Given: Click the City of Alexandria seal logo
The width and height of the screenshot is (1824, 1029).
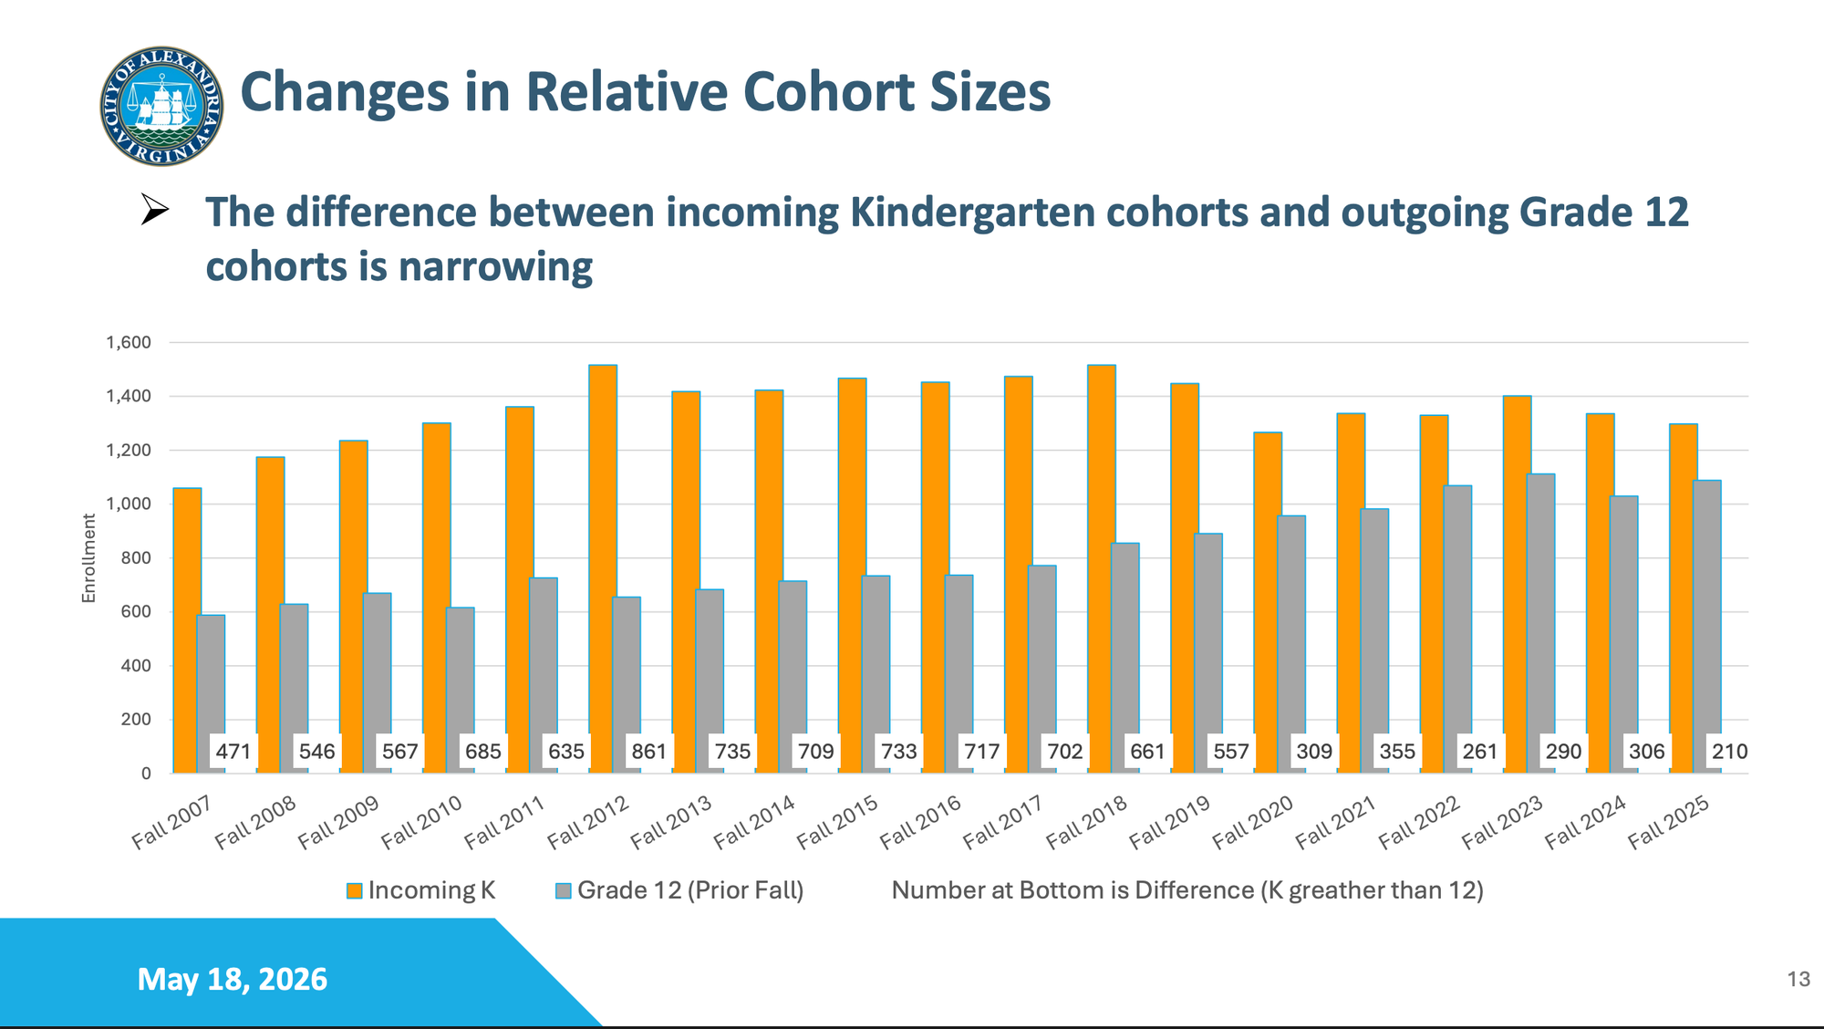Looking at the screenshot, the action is pyautogui.click(x=161, y=106).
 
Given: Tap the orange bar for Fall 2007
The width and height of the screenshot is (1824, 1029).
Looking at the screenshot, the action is pyautogui.click(x=187, y=630).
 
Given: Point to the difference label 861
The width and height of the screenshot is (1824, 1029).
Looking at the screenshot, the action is pyautogui.click(x=649, y=752).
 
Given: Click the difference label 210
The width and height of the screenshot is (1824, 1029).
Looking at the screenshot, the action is pyautogui.click(x=1729, y=752).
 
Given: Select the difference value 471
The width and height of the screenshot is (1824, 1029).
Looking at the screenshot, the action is pyautogui.click(x=233, y=752).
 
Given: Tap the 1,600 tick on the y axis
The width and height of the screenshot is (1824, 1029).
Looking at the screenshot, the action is pyautogui.click(x=129, y=343).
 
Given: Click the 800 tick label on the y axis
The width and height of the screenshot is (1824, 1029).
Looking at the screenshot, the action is pyautogui.click(x=136, y=558).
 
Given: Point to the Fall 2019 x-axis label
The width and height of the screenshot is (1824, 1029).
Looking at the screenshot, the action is pyautogui.click(x=1169, y=821).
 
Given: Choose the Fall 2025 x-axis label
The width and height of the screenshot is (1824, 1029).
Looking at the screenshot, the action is pyautogui.click(x=1668, y=821).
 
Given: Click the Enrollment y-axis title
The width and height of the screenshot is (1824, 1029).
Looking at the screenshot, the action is pyautogui.click(x=88, y=557).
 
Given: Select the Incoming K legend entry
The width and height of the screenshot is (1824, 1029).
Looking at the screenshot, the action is pyautogui.click(x=420, y=890).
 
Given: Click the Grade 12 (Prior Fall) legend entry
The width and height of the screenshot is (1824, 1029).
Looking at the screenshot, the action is pyautogui.click(x=679, y=890).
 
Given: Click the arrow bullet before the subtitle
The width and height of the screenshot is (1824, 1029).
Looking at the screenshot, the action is pyautogui.click(x=155, y=210).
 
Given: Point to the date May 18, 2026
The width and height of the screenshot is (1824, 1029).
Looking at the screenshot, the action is pyautogui.click(x=233, y=979).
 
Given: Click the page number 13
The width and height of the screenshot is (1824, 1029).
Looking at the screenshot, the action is pyautogui.click(x=1798, y=979).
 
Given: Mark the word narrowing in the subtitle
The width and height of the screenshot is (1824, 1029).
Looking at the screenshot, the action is pyautogui.click(x=495, y=266).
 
